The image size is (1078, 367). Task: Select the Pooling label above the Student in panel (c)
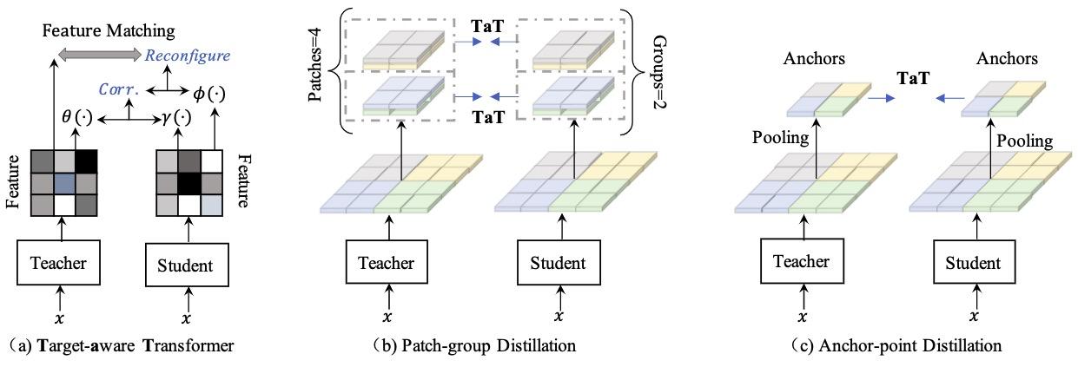pos(1026,141)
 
